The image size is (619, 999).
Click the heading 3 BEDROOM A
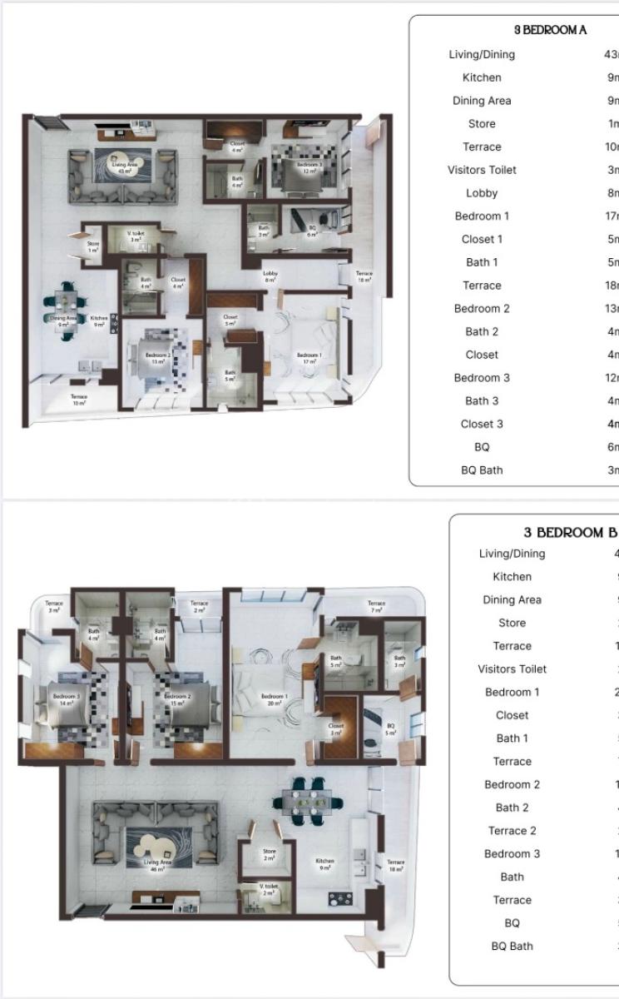coord(550,30)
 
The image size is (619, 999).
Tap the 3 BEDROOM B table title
coord(570,532)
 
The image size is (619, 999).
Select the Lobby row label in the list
coord(482,193)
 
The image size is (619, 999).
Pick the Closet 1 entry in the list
coord(482,239)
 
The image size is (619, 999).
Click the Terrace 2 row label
coord(512,830)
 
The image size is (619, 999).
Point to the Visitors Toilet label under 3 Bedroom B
coord(512,668)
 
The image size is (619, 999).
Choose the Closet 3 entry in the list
coord(482,424)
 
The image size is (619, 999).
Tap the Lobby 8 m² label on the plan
coord(270,276)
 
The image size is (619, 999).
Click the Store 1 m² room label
coord(93,247)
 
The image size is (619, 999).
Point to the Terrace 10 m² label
coord(79,400)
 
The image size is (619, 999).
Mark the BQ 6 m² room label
coord(313,233)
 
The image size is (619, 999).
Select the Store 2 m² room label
coord(269,855)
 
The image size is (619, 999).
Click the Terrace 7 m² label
coord(376,607)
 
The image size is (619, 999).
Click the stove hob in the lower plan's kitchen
coord(340,899)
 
